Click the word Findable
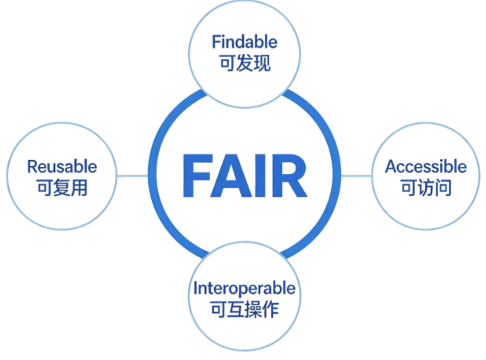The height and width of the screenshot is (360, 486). pos(245,42)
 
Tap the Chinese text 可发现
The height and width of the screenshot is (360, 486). pos(245,63)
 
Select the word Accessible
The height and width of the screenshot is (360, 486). pos(426,167)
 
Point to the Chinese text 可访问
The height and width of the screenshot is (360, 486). pos(426,188)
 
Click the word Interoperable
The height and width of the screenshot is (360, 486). pos(245,289)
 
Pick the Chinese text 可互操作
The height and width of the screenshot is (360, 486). pos(245,309)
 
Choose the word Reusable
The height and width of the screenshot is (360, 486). pos(62,167)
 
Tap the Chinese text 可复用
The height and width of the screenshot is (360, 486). pos(62,188)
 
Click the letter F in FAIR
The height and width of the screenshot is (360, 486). pos(196,175)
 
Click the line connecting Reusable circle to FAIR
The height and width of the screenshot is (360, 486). pos(133,176)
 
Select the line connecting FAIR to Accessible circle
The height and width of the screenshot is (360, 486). pos(356,176)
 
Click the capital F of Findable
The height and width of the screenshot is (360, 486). pos(215,42)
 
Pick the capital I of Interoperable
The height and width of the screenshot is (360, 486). pos(196,289)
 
